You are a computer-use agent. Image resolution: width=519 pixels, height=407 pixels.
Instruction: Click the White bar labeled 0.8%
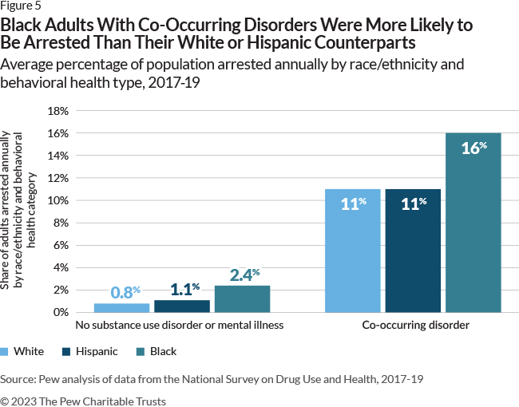[x=122, y=307]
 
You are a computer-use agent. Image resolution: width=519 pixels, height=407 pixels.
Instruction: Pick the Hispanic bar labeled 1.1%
[x=182, y=306]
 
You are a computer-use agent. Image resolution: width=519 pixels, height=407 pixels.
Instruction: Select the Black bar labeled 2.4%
[x=242, y=298]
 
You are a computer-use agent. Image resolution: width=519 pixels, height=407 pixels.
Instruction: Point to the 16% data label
[x=473, y=148]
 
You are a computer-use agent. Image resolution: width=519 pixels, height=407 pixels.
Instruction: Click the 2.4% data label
[x=242, y=275]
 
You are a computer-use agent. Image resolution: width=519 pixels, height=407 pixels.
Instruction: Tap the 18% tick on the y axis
[x=59, y=111]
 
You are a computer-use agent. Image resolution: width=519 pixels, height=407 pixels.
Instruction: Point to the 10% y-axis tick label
[x=59, y=200]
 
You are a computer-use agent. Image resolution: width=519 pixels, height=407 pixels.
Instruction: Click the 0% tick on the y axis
[x=61, y=312]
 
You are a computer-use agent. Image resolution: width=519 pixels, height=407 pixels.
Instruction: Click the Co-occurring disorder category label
[x=413, y=326]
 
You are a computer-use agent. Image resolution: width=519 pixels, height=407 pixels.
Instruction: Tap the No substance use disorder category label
[x=180, y=326]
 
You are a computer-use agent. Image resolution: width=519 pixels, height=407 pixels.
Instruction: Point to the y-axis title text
[x=19, y=211]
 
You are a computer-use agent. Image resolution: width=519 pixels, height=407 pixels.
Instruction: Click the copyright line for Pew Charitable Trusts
[x=83, y=401]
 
